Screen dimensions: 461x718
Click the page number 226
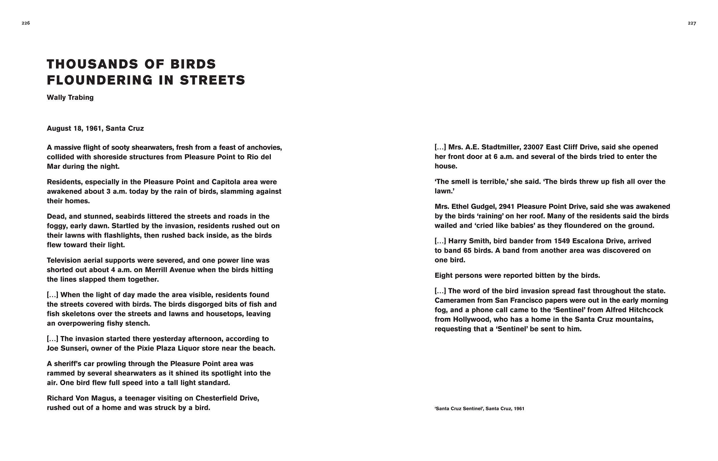point(26,23)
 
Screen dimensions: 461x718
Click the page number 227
point(692,23)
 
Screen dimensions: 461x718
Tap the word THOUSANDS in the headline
point(93,64)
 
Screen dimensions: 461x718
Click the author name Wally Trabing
point(70,98)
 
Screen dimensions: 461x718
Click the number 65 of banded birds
point(467,251)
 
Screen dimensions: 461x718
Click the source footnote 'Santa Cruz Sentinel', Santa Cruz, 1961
point(479,409)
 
